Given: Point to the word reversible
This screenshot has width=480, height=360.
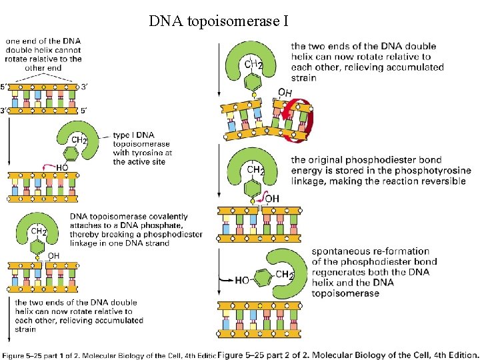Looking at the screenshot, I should tap(441, 181).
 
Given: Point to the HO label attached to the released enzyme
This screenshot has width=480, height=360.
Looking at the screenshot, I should tap(242, 280).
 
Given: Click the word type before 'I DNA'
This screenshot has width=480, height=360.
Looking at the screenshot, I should tap(121, 135).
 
